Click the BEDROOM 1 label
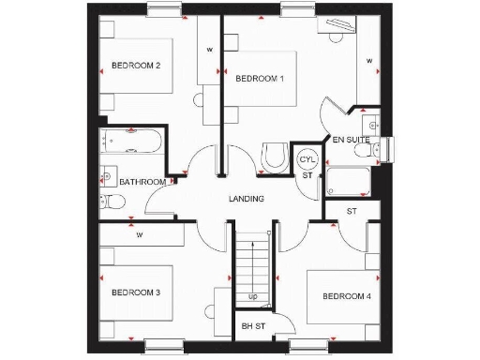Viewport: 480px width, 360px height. pyautogui.click(x=259, y=79)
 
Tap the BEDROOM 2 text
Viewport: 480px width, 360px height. pyautogui.click(x=136, y=66)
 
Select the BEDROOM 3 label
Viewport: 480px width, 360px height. pyautogui.click(x=136, y=293)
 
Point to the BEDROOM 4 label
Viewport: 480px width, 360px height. pyautogui.click(x=347, y=297)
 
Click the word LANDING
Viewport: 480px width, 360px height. pyautogui.click(x=247, y=199)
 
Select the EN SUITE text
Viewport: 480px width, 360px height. pyautogui.click(x=352, y=140)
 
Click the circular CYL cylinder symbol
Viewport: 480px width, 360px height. pyautogui.click(x=307, y=159)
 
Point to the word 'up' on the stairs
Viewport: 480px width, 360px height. pyautogui.click(x=253, y=297)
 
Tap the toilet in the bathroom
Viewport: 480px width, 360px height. pyautogui.click(x=110, y=200)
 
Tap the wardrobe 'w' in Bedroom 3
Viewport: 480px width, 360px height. pyautogui.click(x=139, y=234)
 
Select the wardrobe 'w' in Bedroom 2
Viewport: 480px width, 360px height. pyautogui.click(x=209, y=49)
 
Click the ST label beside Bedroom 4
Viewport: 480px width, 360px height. pyautogui.click(x=352, y=212)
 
